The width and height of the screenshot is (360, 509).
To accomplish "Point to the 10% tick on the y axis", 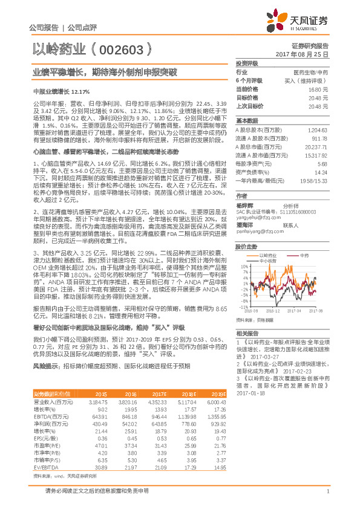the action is click(244, 266).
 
